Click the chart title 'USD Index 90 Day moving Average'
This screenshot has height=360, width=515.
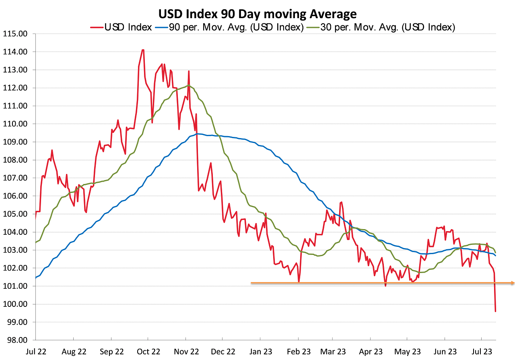257,14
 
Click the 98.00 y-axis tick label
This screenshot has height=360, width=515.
16,340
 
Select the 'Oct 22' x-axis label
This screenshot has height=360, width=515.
148,352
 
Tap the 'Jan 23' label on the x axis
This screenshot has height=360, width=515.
260,352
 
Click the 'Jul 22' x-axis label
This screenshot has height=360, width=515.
36,352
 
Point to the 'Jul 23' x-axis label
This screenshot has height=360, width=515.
482,352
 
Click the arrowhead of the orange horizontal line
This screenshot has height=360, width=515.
513,283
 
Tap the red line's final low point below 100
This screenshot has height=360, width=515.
495,311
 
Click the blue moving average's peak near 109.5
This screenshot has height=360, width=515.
198,134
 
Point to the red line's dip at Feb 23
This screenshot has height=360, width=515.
299,281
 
